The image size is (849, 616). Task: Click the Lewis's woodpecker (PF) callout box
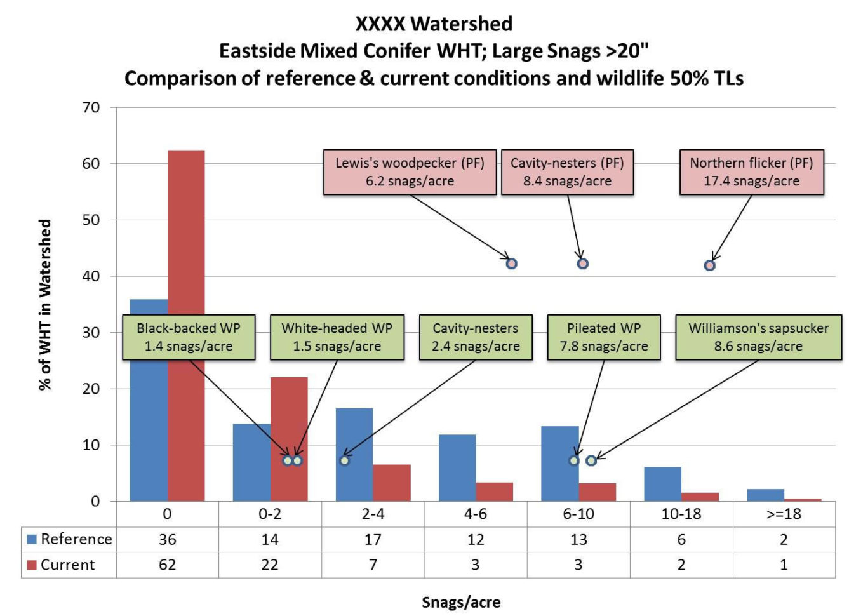410,172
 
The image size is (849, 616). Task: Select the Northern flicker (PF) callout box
751,172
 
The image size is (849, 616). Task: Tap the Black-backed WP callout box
189,337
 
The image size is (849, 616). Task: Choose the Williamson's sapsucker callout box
758,337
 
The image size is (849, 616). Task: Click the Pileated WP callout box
603,337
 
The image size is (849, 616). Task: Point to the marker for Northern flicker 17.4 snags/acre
710,265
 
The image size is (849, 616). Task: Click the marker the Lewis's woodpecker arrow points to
511,264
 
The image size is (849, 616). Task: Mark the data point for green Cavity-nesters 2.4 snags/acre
344,460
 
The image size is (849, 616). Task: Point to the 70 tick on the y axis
91,107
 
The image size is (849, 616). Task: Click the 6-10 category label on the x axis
578,514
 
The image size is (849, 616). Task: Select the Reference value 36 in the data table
167,539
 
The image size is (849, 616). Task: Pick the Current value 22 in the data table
270,565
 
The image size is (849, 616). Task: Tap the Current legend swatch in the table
32,565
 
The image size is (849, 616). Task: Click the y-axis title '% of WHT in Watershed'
44,305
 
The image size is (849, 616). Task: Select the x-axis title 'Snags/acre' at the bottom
461,602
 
